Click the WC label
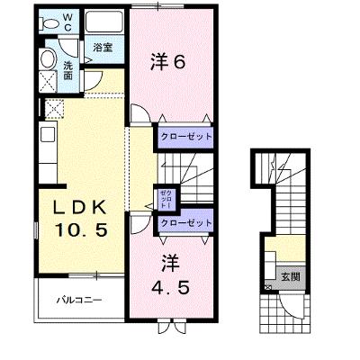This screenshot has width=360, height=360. [x=67, y=22]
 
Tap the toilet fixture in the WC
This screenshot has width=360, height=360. [x=49, y=23]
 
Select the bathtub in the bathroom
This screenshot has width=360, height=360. [x=103, y=22]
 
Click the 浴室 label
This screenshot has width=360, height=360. [x=103, y=48]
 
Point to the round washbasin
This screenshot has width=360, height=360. [x=48, y=59]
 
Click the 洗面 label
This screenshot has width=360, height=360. [x=68, y=71]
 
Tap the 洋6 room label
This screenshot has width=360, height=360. [x=167, y=62]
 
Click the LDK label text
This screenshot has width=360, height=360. [x=79, y=207]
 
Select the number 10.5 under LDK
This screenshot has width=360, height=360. [x=81, y=230]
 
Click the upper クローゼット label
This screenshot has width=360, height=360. [x=186, y=137]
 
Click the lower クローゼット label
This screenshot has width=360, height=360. [x=186, y=223]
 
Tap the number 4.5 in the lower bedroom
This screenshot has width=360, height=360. [x=170, y=288]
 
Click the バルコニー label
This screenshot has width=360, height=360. [x=80, y=300]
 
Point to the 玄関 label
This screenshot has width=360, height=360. [x=291, y=276]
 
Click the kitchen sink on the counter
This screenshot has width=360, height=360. [x=48, y=134]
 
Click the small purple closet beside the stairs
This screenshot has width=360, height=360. [x=166, y=199]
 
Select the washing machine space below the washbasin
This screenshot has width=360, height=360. [x=49, y=82]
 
